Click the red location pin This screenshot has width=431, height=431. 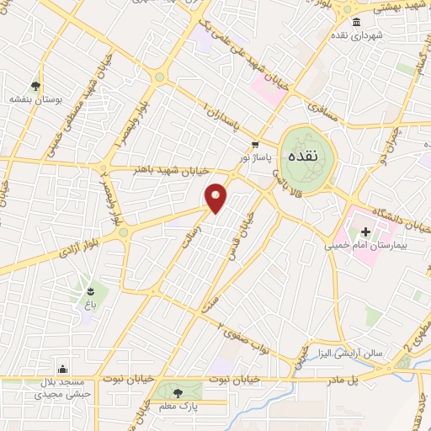(x=217, y=198)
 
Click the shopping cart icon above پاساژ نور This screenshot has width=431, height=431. (x=255, y=144)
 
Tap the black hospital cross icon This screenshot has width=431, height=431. (x=365, y=231)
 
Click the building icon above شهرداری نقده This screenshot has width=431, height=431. (x=358, y=22)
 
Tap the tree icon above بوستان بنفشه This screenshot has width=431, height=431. (x=35, y=85)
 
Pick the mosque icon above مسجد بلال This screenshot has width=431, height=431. (x=62, y=368)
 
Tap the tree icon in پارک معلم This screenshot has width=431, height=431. (x=177, y=392)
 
